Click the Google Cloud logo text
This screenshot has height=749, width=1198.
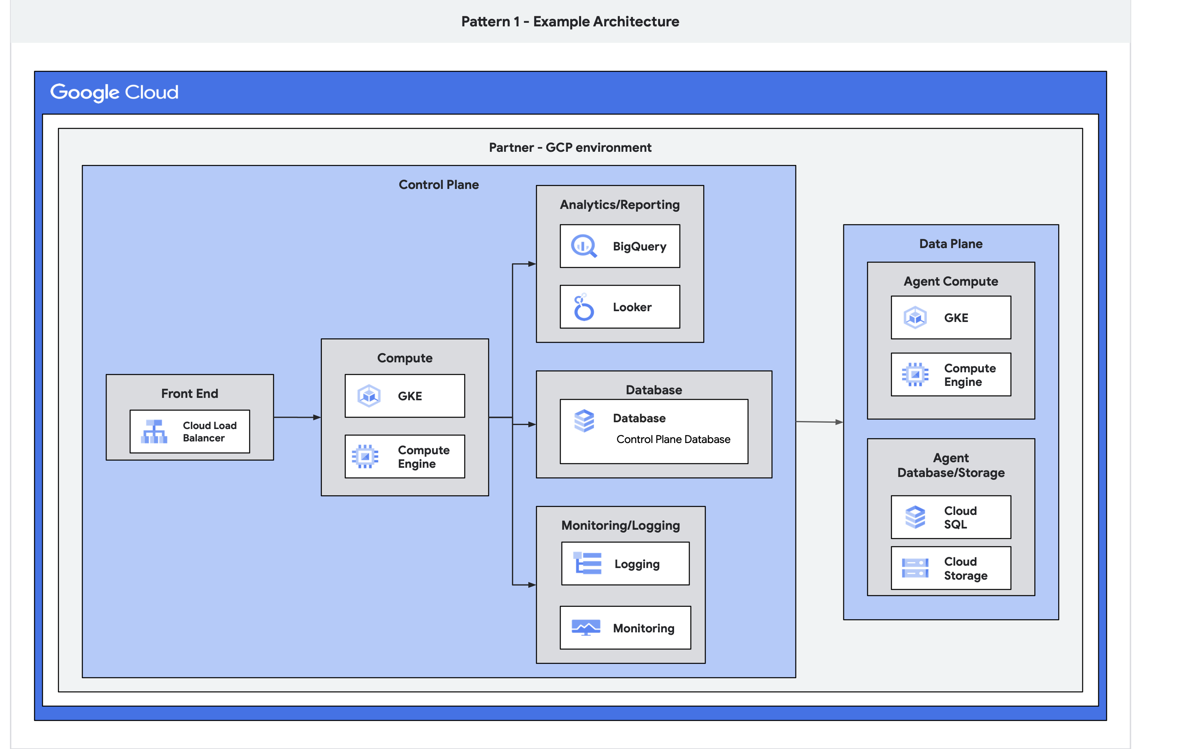114,92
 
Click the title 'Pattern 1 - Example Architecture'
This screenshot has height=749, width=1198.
570,21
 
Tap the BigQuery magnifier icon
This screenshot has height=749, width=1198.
584,246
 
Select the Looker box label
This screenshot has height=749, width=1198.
632,307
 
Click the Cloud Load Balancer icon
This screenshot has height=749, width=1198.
154,431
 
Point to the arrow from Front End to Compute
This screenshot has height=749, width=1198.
297,417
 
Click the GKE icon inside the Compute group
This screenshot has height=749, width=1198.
369,396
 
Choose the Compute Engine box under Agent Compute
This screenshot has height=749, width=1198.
950,375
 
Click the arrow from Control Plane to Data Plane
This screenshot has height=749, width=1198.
819,422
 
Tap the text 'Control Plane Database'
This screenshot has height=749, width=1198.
673,439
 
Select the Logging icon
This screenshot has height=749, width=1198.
587,563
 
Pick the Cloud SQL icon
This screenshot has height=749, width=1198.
915,517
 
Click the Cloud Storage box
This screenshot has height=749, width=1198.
950,568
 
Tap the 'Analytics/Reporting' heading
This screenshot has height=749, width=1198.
619,205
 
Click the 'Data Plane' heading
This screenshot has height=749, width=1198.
950,244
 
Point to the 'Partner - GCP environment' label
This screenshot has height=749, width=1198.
570,148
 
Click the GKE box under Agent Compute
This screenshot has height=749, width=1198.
950,318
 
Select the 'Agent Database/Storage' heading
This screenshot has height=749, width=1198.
950,465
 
